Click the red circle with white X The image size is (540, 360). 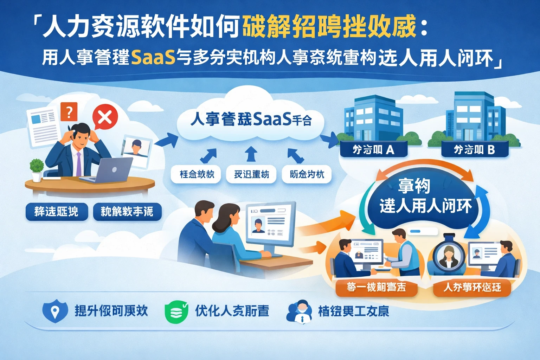(105, 117)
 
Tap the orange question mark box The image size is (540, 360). (69, 112)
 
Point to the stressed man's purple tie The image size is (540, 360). (79, 164)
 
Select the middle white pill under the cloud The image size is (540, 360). (251, 174)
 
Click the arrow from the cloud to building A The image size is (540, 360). (329, 140)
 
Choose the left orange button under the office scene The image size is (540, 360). (376, 288)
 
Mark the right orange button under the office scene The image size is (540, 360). (472, 288)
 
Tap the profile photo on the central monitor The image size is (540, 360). (258, 225)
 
